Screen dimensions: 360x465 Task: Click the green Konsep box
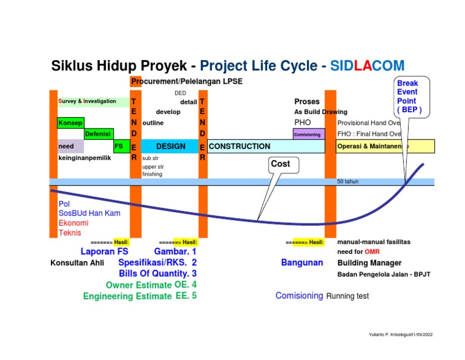pos(70,123)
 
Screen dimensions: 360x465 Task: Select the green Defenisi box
pos(97,134)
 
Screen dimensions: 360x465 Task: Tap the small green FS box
pos(119,146)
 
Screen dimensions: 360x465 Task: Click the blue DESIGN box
pos(170,147)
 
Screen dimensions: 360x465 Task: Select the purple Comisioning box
pos(308,135)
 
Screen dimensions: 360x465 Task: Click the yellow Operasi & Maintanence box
pos(385,147)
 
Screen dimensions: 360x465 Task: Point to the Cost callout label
pos(280,164)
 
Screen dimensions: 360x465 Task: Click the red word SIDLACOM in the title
pos(368,65)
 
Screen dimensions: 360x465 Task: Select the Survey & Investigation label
pos(88,101)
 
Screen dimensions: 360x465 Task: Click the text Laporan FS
pos(104,252)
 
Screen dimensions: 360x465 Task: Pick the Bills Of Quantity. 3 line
pos(157,274)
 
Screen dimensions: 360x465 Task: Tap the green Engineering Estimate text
pos(127,296)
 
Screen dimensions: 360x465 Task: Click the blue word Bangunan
pos(302,263)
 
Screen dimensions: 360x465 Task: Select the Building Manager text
pos(369,263)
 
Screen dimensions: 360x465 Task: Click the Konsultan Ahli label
pos(77,263)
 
